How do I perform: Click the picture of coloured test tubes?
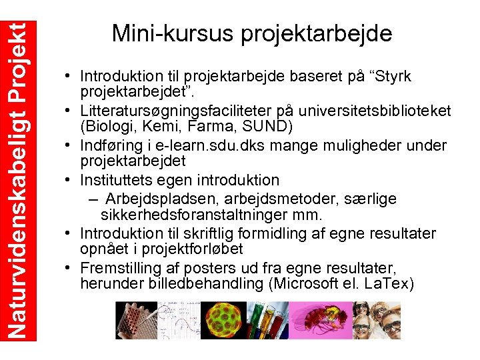(267, 321)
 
